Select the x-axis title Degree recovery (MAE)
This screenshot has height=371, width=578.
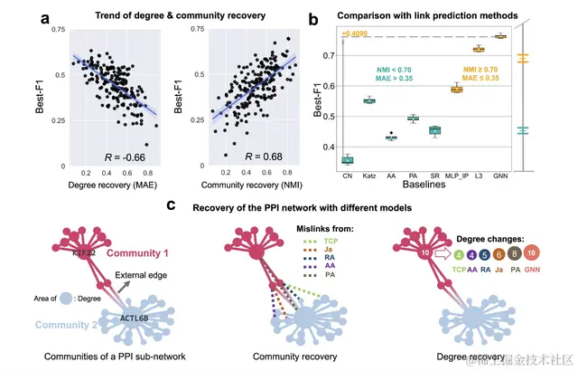[x=113, y=186]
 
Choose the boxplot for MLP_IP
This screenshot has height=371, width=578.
[x=456, y=89]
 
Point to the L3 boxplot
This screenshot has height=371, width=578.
[x=479, y=49]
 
